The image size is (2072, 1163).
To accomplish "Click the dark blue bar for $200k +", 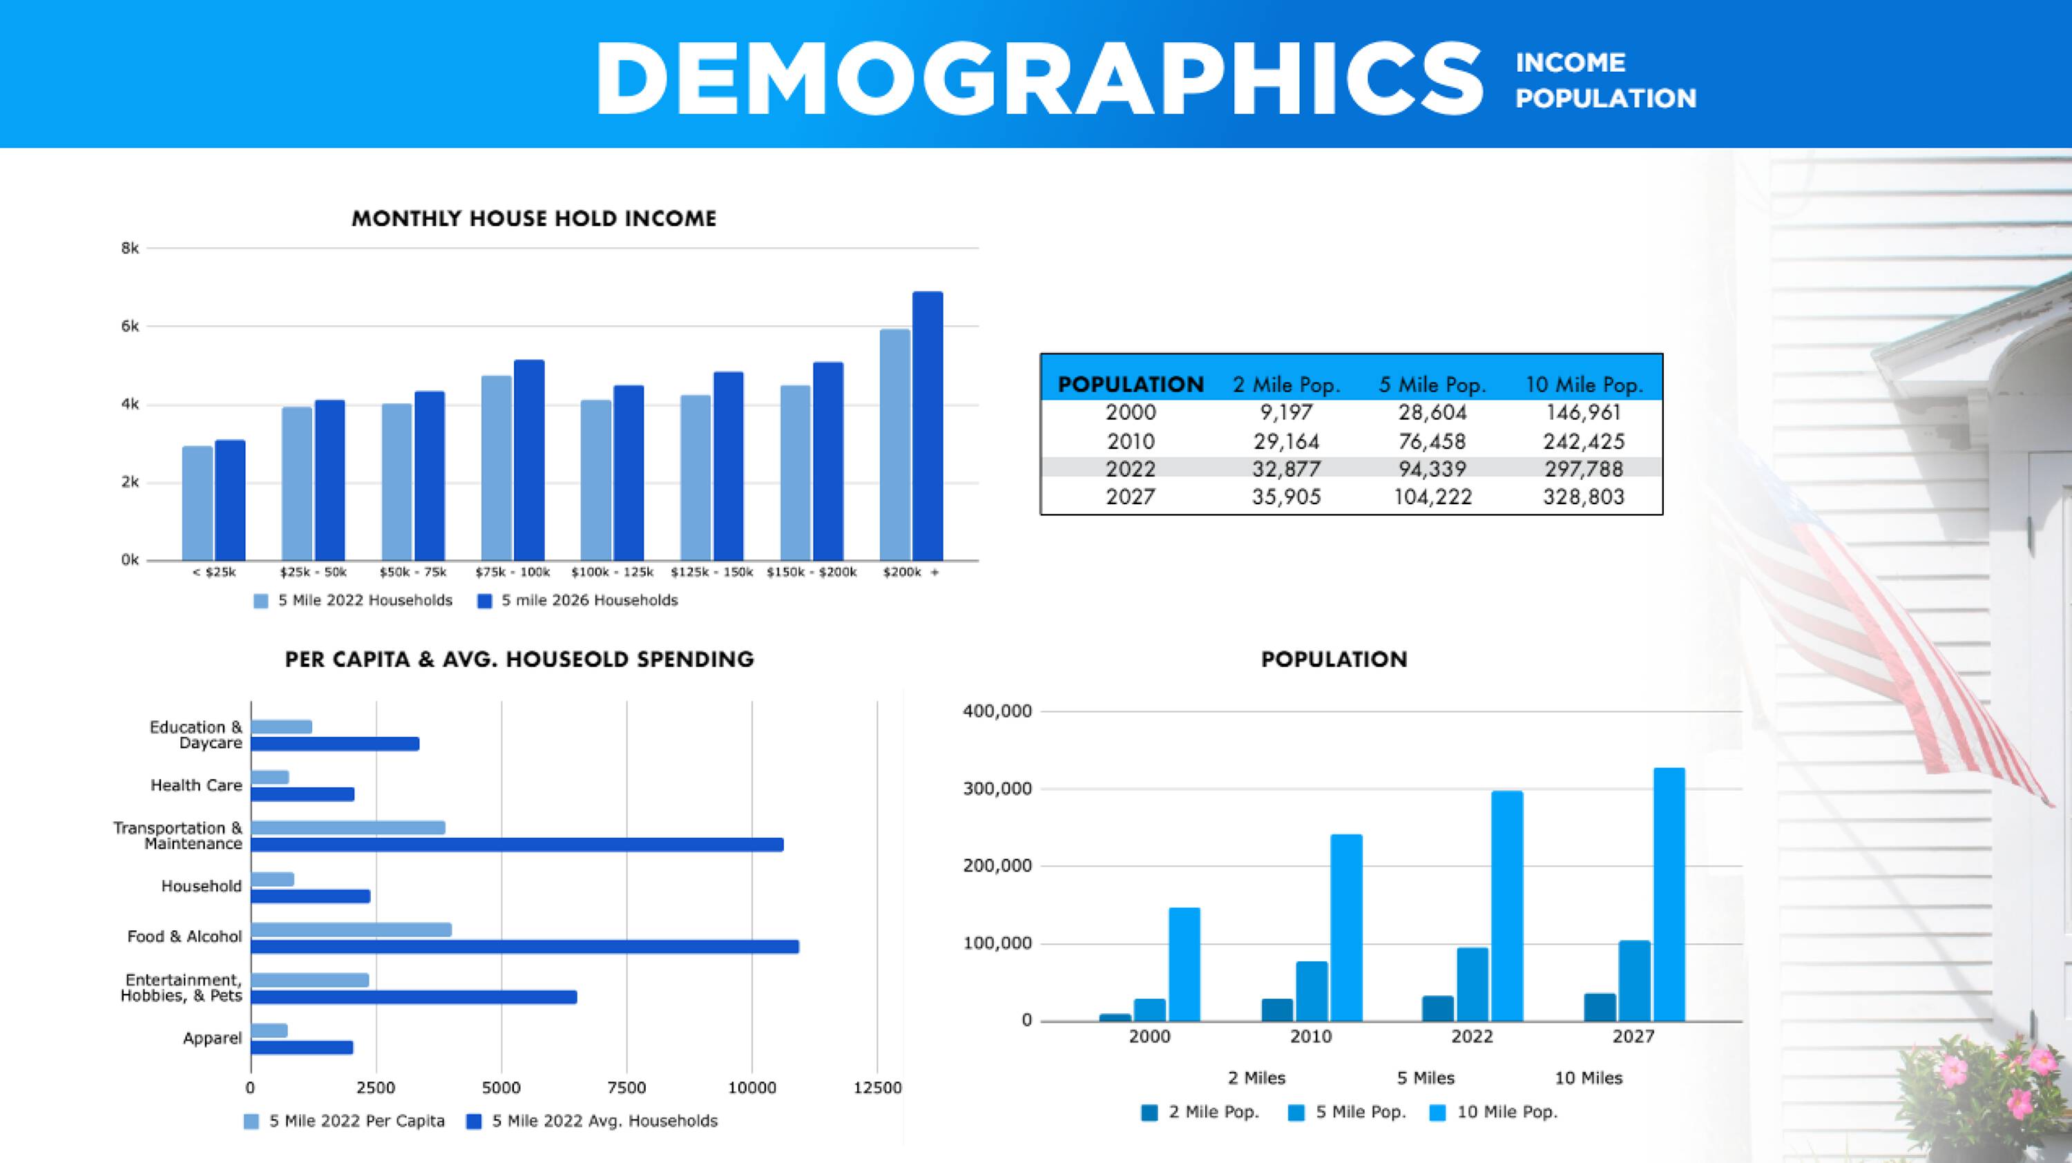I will tap(928, 426).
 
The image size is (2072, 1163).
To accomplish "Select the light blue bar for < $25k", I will tap(197, 503).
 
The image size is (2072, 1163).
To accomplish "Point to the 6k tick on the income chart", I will tap(131, 327).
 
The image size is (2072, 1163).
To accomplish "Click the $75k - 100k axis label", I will tap(512, 573).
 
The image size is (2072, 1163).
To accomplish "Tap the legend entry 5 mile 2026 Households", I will tap(579, 601).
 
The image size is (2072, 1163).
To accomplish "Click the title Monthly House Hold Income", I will tap(533, 219).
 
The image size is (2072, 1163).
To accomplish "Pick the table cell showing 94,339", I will tap(1432, 469).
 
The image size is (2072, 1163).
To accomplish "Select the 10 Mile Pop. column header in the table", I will tap(1584, 385).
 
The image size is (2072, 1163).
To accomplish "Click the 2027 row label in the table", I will tap(1130, 497).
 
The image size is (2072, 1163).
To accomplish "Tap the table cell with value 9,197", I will tap(1286, 412).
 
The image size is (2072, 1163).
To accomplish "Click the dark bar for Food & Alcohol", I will tap(524, 947).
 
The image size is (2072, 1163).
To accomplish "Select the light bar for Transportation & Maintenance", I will tap(347, 827).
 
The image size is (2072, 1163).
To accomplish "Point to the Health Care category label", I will tap(196, 786).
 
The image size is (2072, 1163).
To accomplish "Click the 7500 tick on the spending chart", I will tap(626, 1088).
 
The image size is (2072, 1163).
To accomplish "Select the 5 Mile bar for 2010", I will tap(1312, 991).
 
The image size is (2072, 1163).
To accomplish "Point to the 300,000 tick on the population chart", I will tap(997, 789).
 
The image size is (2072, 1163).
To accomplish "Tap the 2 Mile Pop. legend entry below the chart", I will tap(1200, 1113).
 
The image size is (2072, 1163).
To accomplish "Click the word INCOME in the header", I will tap(1570, 63).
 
